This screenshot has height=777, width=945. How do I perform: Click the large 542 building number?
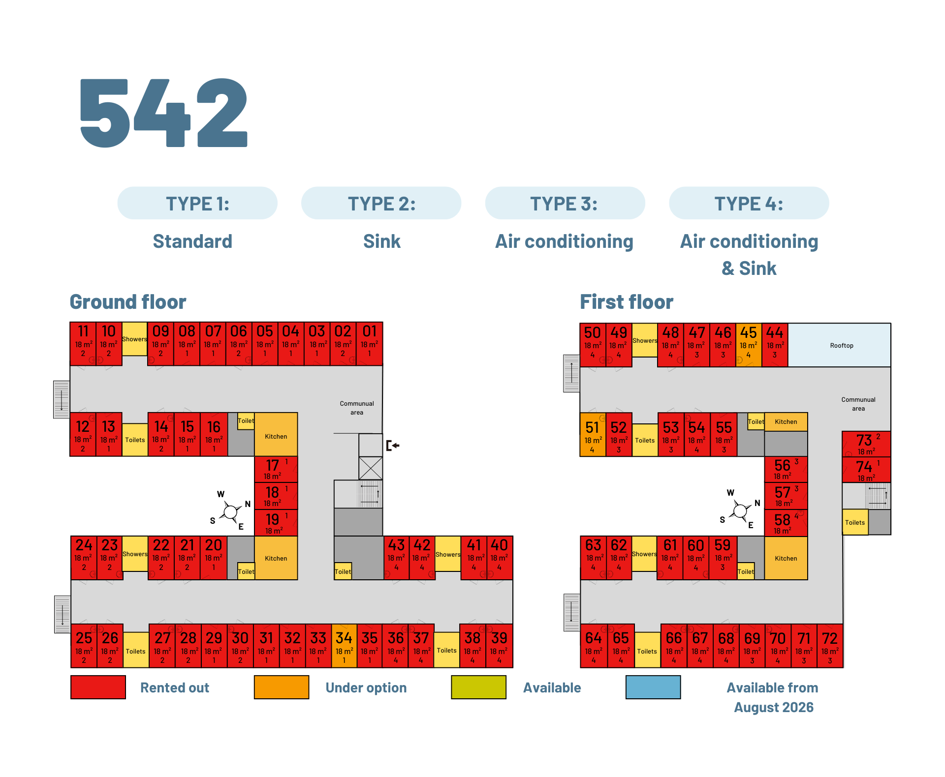click(163, 113)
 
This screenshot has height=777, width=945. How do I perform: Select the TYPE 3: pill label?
click(565, 203)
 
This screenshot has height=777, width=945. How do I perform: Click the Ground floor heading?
click(128, 302)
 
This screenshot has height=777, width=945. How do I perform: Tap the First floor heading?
click(626, 302)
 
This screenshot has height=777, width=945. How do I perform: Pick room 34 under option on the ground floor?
click(344, 646)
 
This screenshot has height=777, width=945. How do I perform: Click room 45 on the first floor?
click(749, 345)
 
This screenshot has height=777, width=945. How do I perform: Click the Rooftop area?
click(841, 345)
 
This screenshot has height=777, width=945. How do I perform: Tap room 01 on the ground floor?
click(370, 344)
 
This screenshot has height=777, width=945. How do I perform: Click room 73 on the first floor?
click(866, 444)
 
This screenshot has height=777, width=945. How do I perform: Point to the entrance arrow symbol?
click(393, 446)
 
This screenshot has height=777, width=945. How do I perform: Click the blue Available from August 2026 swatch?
click(653, 687)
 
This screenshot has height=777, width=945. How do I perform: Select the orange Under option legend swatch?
click(282, 687)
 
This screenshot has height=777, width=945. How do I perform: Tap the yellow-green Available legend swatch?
click(478, 687)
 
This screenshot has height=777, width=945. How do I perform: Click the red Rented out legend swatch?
click(98, 687)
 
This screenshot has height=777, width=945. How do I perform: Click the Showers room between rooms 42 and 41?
click(448, 554)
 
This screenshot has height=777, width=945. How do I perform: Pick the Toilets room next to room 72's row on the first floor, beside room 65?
click(647, 650)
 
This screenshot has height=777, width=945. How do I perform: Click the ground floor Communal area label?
click(357, 408)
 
